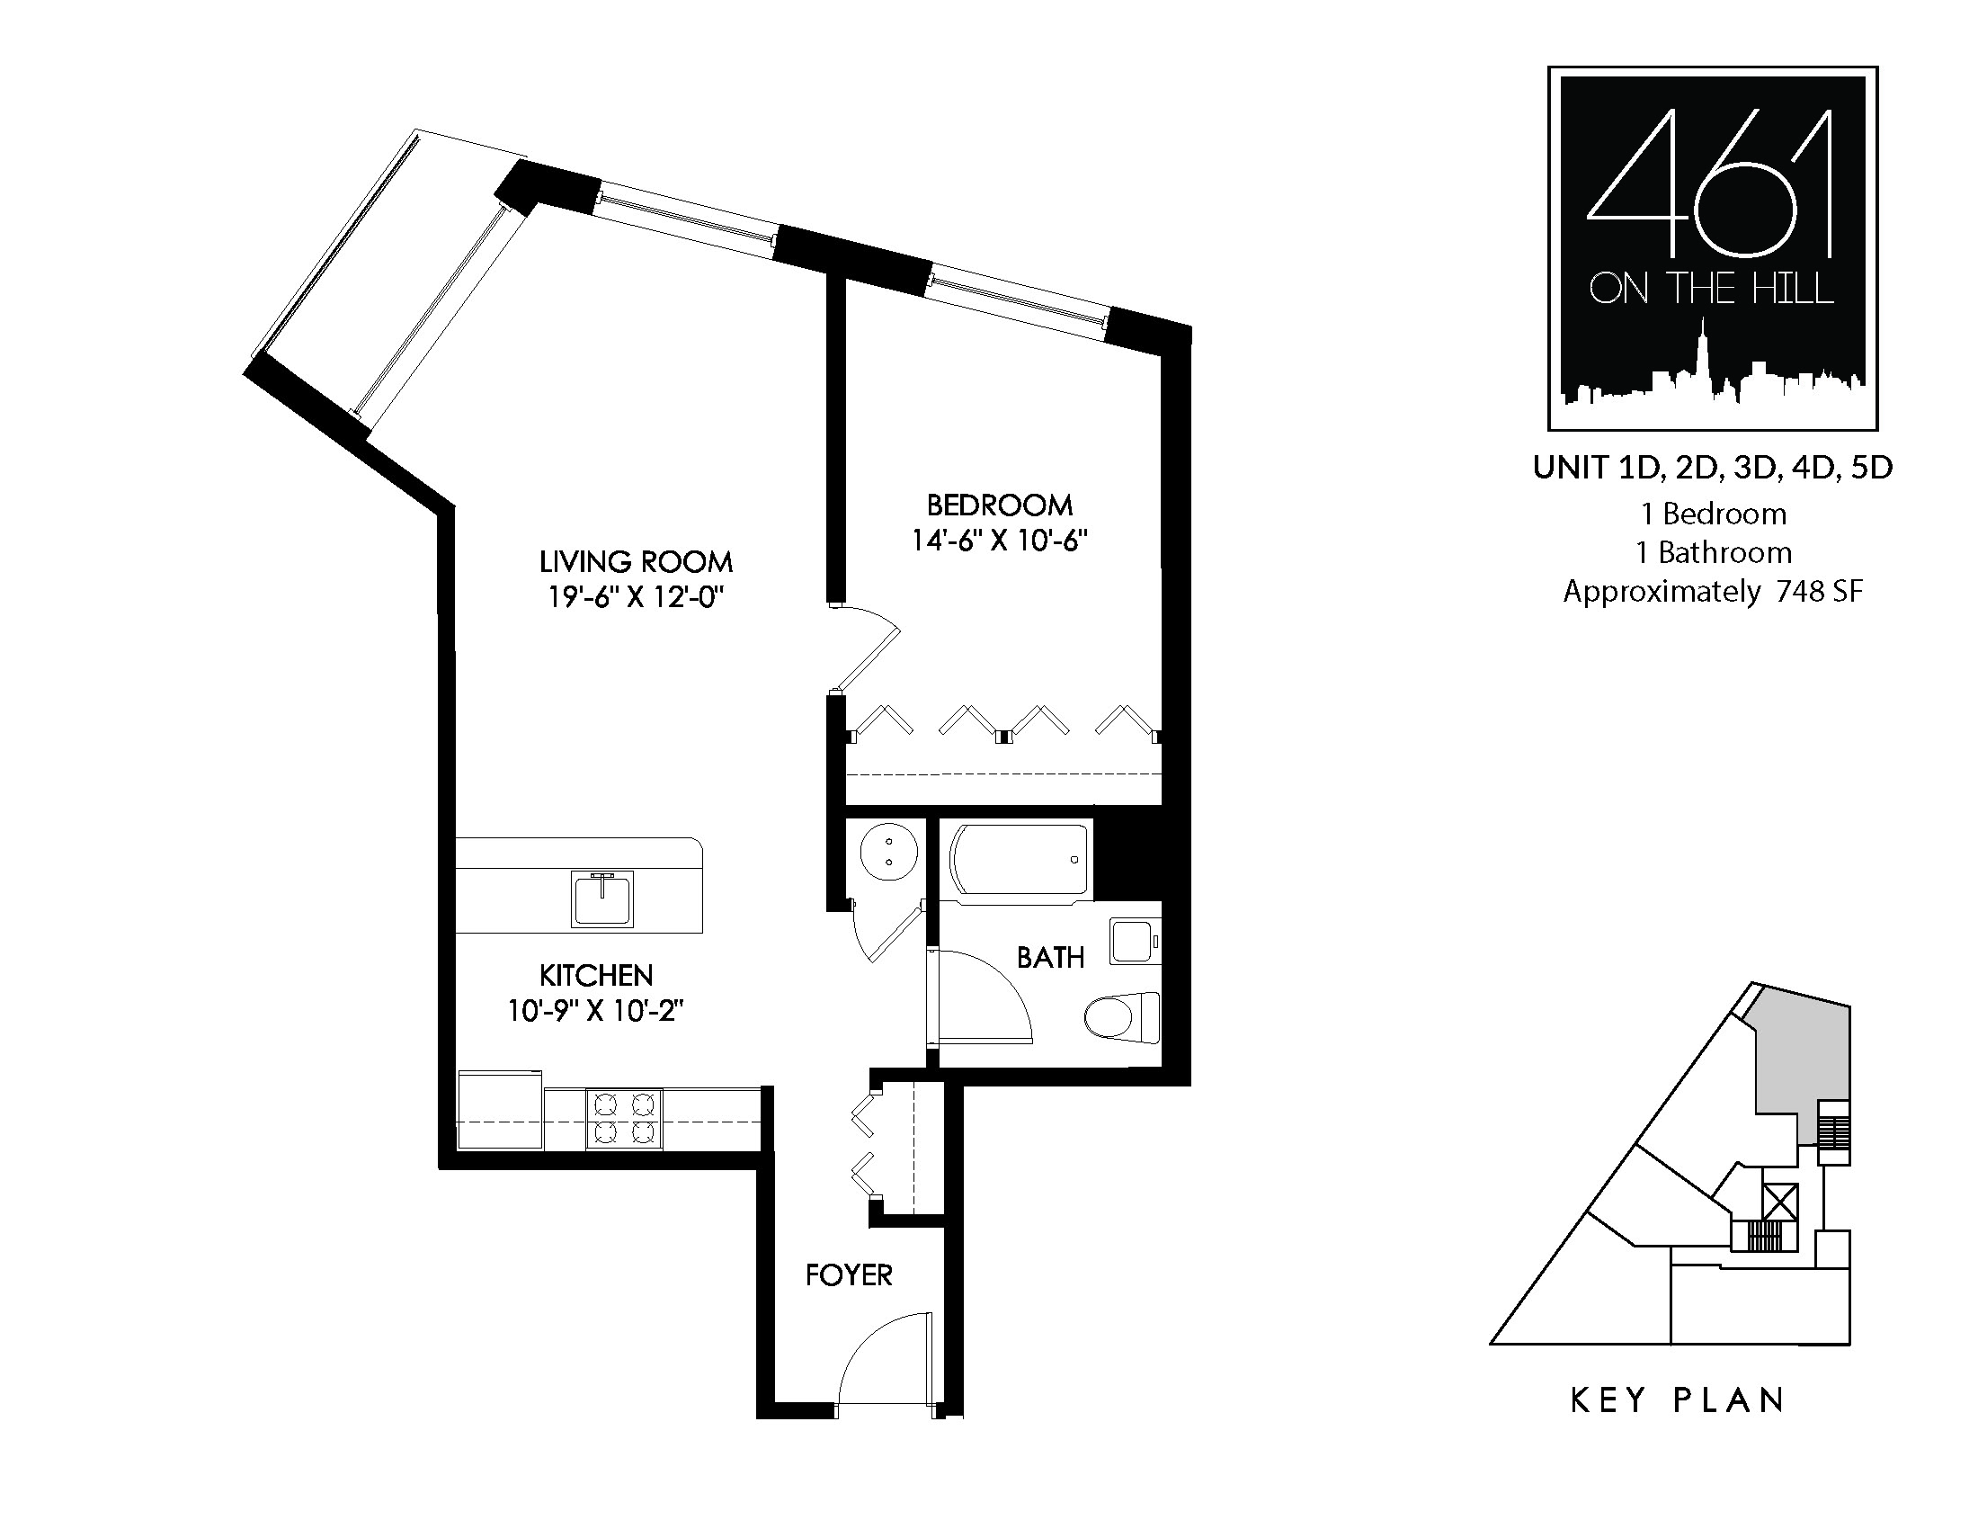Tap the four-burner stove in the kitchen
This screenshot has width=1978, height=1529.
pyautogui.click(x=624, y=1119)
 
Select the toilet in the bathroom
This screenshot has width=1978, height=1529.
pyautogui.click(x=1123, y=1017)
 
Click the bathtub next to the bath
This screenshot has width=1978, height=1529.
pyautogui.click(x=1018, y=860)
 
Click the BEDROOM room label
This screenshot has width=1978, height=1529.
pyautogui.click(x=999, y=505)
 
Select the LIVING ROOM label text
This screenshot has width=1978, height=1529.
pyautogui.click(x=636, y=561)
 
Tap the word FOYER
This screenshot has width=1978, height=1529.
pyautogui.click(x=849, y=1275)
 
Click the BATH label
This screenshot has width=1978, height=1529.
pyautogui.click(x=1050, y=958)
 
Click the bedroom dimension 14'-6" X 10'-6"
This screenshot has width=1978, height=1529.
pyautogui.click(x=999, y=541)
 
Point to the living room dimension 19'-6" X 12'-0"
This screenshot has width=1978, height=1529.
pyautogui.click(x=636, y=598)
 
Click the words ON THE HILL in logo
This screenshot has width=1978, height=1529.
pyautogui.click(x=1712, y=290)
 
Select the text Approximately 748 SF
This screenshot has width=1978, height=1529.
pyautogui.click(x=1713, y=592)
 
